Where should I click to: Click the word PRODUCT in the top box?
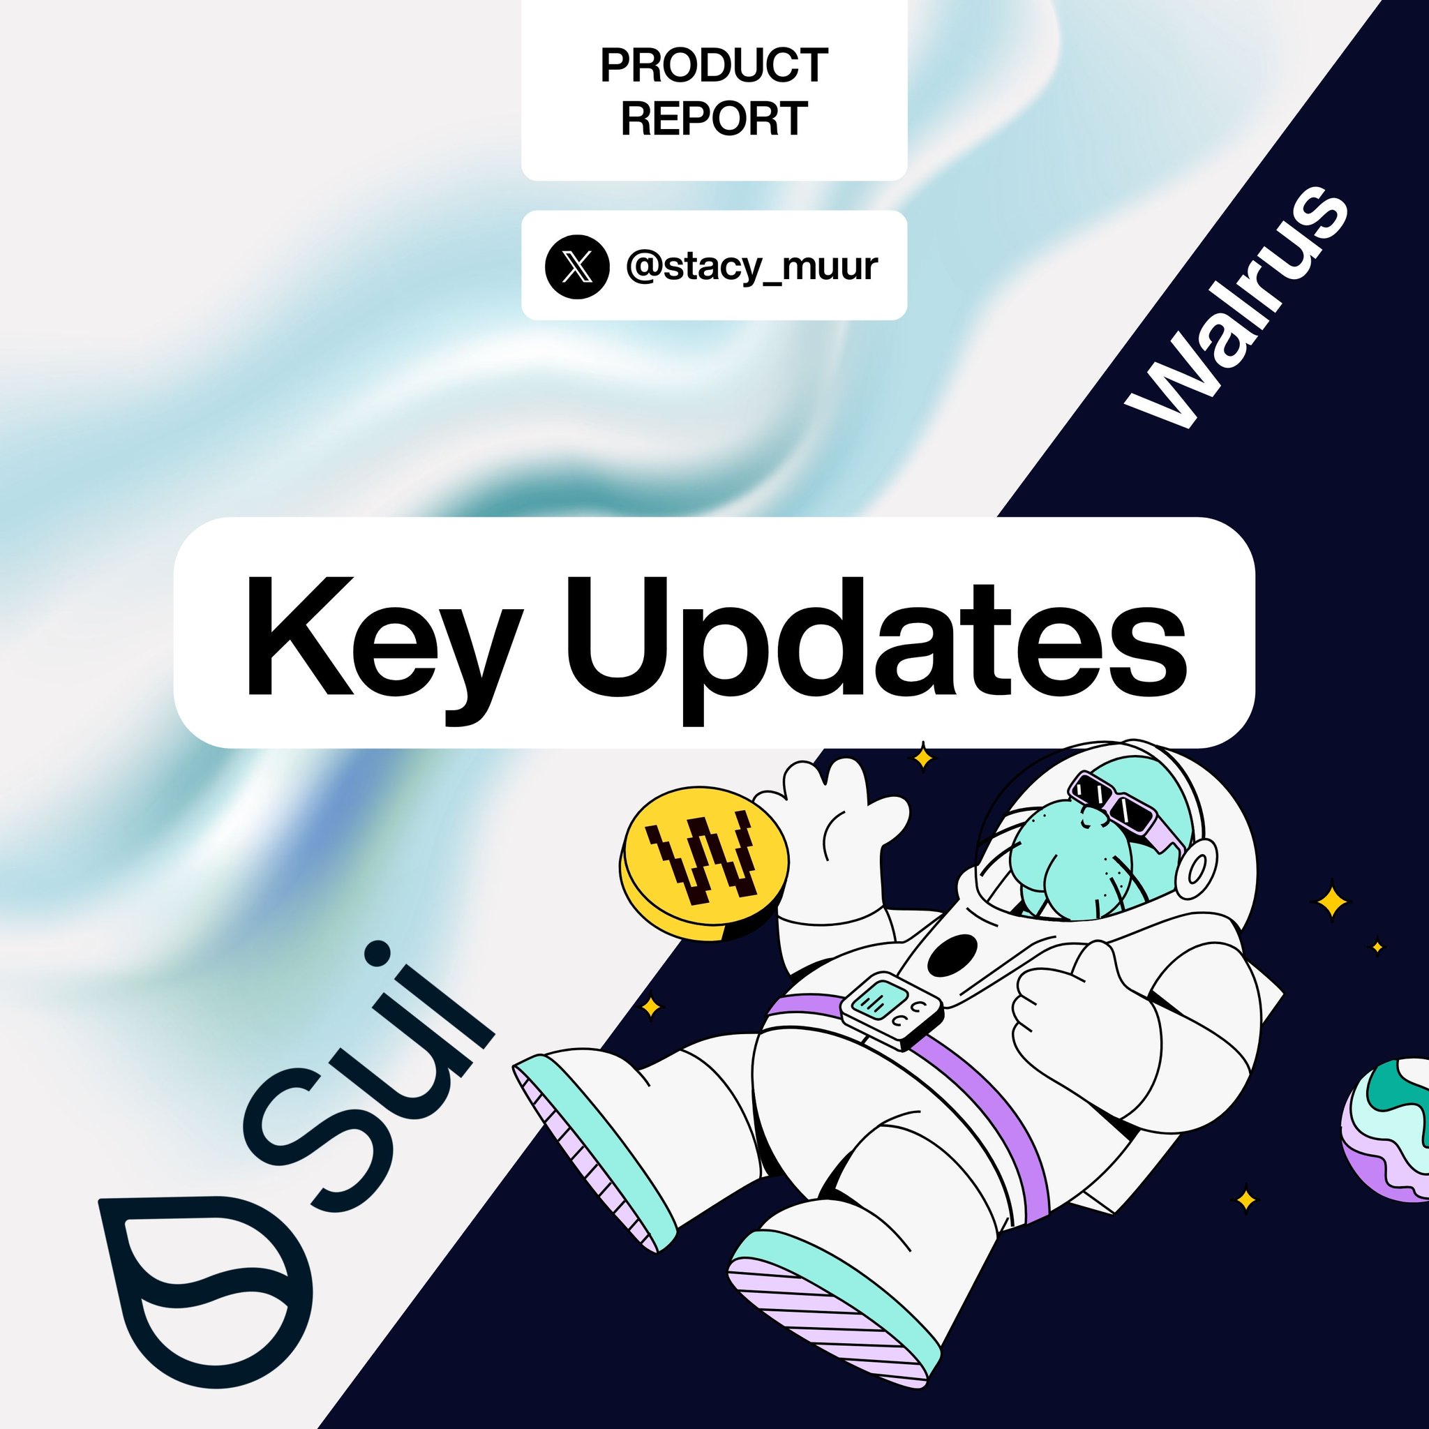714,66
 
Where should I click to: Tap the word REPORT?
714,119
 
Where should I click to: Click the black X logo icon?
577,267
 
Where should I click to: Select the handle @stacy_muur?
751,267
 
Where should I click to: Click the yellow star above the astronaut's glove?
922,756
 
